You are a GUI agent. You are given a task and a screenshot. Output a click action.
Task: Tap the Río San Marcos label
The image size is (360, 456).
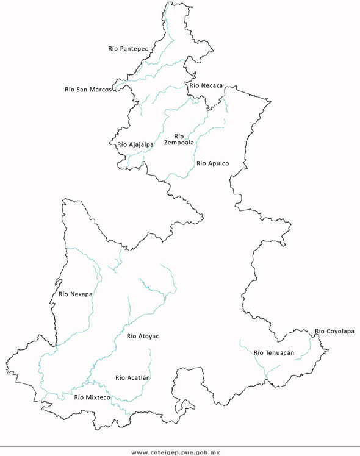[x=88, y=89]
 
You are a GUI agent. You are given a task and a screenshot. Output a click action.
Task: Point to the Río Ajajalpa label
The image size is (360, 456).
[x=135, y=144]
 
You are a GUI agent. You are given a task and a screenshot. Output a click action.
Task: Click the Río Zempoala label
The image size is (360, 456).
[x=179, y=140]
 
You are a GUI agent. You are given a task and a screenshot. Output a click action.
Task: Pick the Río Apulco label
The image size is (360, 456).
[x=212, y=163]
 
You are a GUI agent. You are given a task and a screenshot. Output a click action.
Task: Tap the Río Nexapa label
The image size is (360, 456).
[x=76, y=294]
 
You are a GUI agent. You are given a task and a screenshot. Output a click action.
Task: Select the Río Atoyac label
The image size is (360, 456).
[x=143, y=336]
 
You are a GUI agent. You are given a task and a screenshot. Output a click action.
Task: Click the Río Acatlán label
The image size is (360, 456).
[x=132, y=377]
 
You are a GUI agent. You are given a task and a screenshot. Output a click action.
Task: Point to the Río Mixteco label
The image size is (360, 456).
[x=92, y=397]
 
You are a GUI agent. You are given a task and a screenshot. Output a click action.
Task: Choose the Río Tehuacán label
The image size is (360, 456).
[x=274, y=352]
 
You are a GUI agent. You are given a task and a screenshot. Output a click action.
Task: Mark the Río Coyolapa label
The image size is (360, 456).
[x=334, y=332]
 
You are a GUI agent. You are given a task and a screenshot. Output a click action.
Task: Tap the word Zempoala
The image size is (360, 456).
[x=179, y=143]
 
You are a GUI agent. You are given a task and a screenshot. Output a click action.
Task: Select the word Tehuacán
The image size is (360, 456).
[x=280, y=352]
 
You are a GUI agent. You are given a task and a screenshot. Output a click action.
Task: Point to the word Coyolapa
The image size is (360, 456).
[x=340, y=332]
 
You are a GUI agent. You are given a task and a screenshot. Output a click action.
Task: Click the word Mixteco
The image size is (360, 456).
[x=98, y=397]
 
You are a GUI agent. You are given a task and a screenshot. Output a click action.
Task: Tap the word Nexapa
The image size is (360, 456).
[x=81, y=294]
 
